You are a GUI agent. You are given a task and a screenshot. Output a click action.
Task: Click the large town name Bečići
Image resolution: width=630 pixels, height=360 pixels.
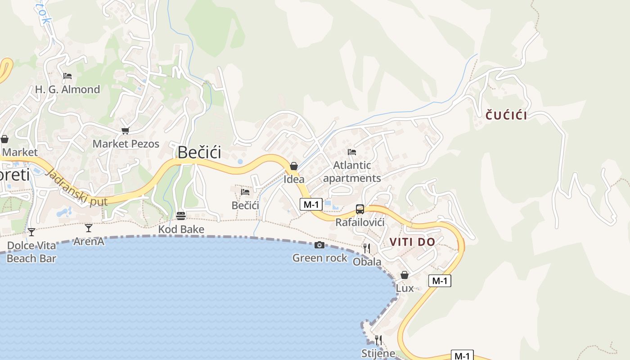tap(199, 153)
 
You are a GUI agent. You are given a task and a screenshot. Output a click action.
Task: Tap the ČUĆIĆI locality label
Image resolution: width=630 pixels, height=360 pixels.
tap(506, 115)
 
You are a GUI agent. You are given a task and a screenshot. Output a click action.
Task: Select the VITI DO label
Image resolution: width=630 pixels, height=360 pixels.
tap(412, 242)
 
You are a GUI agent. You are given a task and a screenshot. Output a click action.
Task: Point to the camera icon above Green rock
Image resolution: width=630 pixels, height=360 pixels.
tap(319, 245)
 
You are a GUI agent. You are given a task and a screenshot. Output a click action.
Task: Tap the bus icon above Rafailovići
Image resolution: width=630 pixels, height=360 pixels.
tap(360, 209)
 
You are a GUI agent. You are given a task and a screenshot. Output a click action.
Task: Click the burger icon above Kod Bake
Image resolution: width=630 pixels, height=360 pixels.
tap(181, 216)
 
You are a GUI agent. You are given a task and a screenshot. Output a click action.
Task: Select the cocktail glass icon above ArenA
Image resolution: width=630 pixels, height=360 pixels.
tap(89, 228)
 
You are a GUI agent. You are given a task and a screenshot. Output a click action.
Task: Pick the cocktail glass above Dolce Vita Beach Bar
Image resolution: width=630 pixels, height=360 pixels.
tap(31, 232)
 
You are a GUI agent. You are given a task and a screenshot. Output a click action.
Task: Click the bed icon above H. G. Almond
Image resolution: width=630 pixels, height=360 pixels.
tap(67, 76)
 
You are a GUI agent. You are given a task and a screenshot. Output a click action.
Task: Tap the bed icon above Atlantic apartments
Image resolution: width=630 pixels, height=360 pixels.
tap(352, 152)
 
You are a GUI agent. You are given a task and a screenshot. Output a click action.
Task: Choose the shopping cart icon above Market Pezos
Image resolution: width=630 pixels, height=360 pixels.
tap(125, 131)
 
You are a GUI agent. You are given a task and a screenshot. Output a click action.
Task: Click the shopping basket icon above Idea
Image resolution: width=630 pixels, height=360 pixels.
tap(294, 166)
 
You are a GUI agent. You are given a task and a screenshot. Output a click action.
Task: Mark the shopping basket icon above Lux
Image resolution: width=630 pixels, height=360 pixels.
tap(405, 275)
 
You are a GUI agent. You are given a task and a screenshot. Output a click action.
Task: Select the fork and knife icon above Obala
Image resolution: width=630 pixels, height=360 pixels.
tap(367, 248)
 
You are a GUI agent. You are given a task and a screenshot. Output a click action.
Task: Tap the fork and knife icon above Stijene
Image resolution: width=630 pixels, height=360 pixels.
tap(378, 340)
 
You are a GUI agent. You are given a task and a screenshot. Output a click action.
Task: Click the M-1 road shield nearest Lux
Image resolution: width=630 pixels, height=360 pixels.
tap(439, 281)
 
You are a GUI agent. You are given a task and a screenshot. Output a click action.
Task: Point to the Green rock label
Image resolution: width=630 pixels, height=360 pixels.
tap(319, 258)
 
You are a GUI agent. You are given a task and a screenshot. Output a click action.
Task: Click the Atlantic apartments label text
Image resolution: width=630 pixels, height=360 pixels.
tap(352, 171)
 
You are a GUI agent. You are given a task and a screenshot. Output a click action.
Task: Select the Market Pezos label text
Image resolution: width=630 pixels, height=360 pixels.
tap(126, 144)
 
